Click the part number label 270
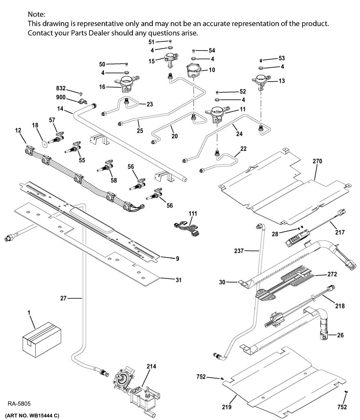pyautogui.click(x=317, y=161)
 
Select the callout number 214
pyautogui.click(x=151, y=366)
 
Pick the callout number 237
pyautogui.click(x=239, y=251)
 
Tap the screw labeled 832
pyautogui.click(x=81, y=94)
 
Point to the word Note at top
pyautogui.click(x=37, y=14)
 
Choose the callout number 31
pyautogui.click(x=178, y=280)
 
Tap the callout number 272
pyautogui.click(x=332, y=274)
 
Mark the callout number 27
pyautogui.click(x=63, y=298)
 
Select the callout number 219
pyautogui.click(x=227, y=407)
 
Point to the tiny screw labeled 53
pyautogui.click(x=261, y=60)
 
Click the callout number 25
pyautogui.click(x=140, y=131)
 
